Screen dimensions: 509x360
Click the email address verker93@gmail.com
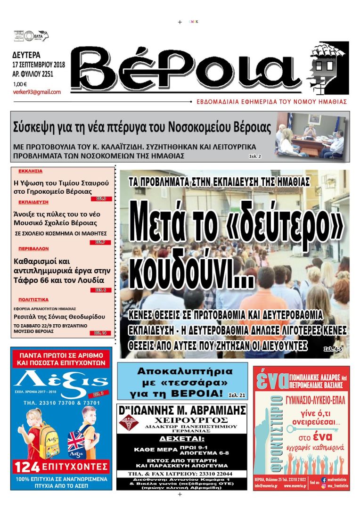click(37, 92)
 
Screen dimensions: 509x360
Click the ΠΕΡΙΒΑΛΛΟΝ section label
click(33, 248)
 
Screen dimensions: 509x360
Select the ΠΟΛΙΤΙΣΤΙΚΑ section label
click(33, 299)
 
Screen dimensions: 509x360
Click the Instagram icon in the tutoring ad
click(324, 486)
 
